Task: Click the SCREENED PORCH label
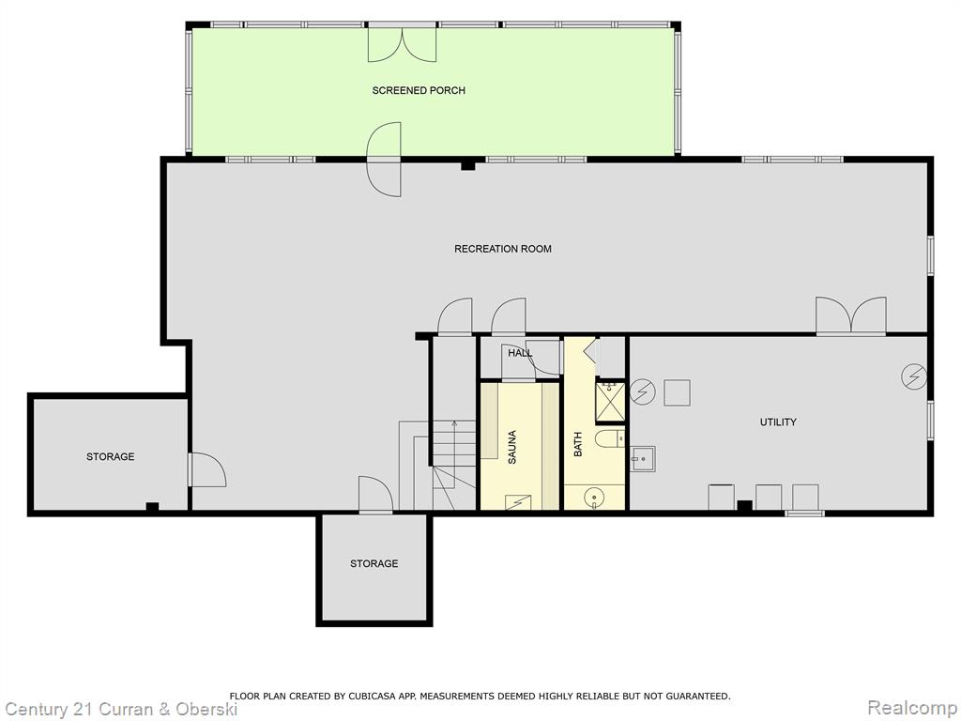coord(419,91)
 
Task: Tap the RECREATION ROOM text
coord(503,249)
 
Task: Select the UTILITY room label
coord(778,422)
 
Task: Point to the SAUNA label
coord(512,446)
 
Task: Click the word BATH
coord(577,444)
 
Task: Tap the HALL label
coord(520,353)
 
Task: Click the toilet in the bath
coord(610,438)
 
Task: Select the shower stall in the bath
coord(610,402)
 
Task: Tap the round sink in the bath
coord(594,497)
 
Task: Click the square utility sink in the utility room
coord(643,458)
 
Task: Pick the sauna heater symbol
coord(518,502)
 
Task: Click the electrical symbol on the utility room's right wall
coord(914,376)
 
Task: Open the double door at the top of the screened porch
coord(402,43)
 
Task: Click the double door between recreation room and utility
coord(850,315)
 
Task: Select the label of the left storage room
coord(111,457)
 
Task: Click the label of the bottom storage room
coord(374,563)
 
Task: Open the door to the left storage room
coord(207,470)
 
